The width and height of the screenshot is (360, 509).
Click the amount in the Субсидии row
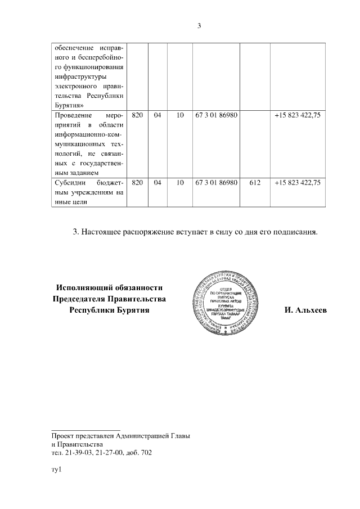click(x=298, y=182)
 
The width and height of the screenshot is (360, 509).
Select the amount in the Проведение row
click(x=298, y=115)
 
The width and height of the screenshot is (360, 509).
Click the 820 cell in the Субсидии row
click(x=137, y=182)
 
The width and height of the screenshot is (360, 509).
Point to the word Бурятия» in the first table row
click(x=70, y=104)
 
